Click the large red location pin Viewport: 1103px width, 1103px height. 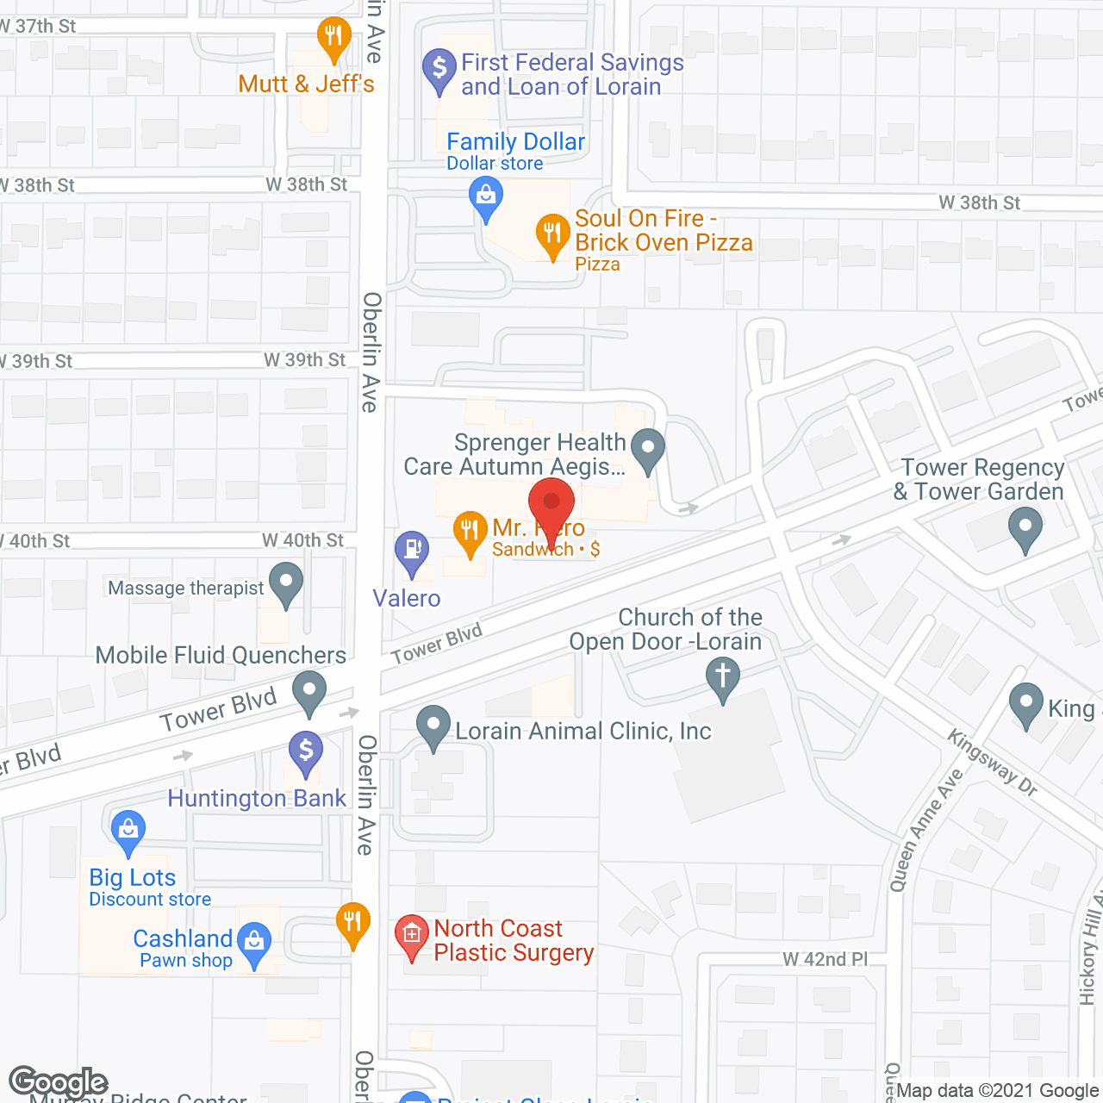[x=551, y=504]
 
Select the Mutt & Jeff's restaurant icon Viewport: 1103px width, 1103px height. [x=333, y=37]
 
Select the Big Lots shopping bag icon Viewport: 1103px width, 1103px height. [x=128, y=831]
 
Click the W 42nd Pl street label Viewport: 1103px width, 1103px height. [x=825, y=960]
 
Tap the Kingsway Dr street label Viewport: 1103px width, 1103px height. [x=992, y=762]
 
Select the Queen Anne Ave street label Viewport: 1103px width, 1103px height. [x=926, y=830]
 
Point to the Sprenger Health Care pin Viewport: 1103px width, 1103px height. [x=647, y=448]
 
